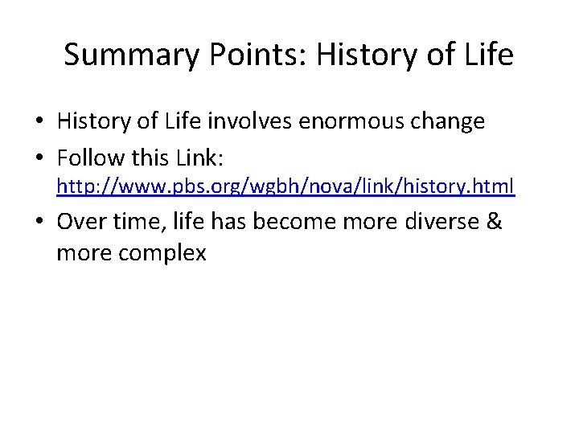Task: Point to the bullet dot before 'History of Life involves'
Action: (39, 122)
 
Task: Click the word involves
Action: (264, 121)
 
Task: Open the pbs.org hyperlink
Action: (285, 187)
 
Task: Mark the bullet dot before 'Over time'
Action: (39, 222)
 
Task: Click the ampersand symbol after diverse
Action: (495, 221)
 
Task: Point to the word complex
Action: (162, 253)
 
